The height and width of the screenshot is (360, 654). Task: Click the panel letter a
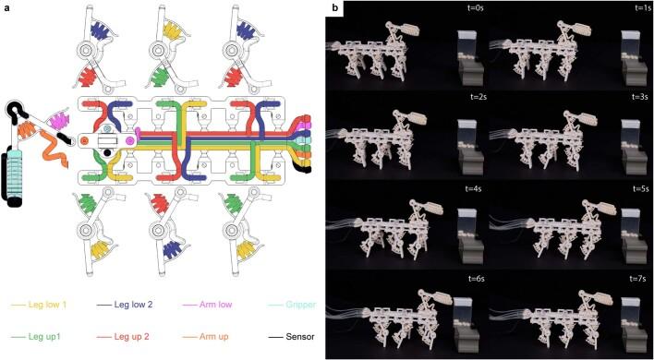coord(6,7)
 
